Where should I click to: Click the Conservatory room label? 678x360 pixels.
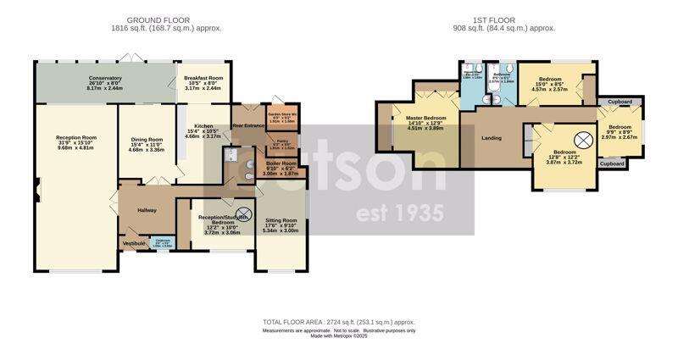tap(105, 79)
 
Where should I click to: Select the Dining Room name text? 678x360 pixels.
tap(146, 141)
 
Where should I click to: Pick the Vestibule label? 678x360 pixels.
tap(135, 243)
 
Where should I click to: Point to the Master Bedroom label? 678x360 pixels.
tap(425, 118)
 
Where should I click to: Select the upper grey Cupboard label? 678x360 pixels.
tap(620, 101)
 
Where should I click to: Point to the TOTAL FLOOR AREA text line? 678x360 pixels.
tap(338, 323)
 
